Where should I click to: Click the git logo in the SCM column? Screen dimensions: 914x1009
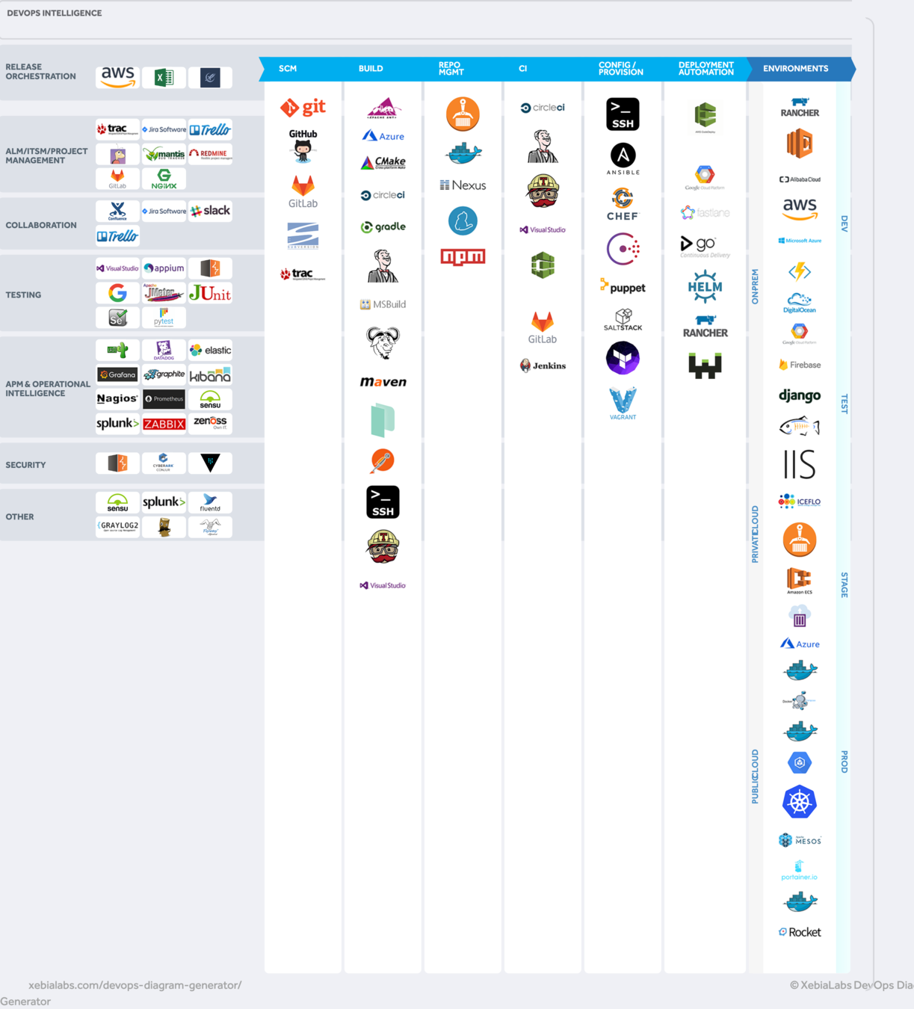[303, 108]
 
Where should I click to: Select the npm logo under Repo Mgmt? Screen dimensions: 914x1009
[463, 257]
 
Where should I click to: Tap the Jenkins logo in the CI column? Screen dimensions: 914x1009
[543, 365]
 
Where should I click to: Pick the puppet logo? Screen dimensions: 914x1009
[623, 287]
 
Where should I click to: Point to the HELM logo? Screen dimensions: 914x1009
[705, 287]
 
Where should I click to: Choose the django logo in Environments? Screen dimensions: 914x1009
[800, 395]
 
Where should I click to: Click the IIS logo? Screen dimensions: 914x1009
[800, 464]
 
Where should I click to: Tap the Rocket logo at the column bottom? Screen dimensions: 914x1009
[800, 932]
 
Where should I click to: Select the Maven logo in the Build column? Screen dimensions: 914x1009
[383, 382]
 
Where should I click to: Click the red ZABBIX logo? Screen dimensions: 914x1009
[164, 424]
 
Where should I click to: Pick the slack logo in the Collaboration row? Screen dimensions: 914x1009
[210, 211]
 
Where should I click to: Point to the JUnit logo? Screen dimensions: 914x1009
[210, 294]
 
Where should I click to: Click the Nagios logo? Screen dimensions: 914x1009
[117, 399]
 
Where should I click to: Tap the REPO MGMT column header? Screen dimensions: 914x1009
[451, 69]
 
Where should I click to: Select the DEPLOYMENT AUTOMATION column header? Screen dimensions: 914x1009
[705, 69]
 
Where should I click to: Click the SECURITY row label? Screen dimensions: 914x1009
[26, 465]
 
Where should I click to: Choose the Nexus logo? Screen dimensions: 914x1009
[463, 185]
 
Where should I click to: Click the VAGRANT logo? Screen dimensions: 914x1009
[623, 404]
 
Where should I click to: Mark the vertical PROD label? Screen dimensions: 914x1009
[844, 762]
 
